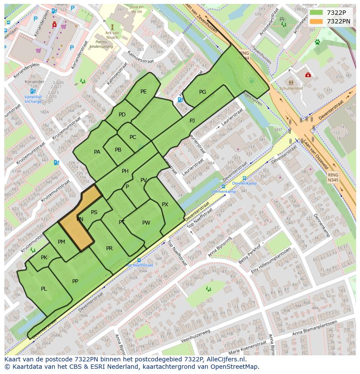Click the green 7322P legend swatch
(x=316, y=12)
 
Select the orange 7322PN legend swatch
(x=316, y=21)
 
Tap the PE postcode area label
(x=143, y=92)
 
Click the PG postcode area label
(x=203, y=92)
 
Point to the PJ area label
(x=192, y=120)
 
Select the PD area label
(x=122, y=115)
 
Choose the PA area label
(x=97, y=152)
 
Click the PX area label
(x=165, y=205)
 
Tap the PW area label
(x=146, y=223)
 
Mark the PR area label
(x=109, y=248)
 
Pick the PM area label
(x=61, y=242)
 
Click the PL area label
(x=44, y=289)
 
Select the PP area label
(x=75, y=281)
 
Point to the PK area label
(x=44, y=258)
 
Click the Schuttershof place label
(x=291, y=88)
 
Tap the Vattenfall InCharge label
(x=33, y=99)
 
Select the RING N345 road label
(x=333, y=177)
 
